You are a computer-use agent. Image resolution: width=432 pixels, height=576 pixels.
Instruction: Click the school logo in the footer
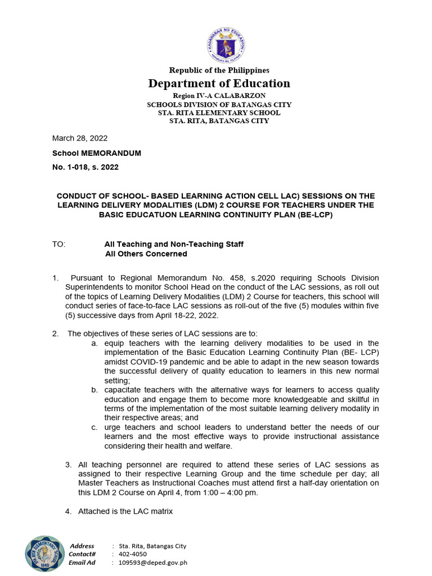tap(44, 553)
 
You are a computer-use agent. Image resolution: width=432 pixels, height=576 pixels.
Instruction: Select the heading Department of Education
tap(219, 84)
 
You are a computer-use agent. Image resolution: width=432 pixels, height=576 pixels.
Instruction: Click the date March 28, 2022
tap(80, 138)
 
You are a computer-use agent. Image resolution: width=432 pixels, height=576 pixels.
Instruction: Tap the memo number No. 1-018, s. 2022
tap(85, 167)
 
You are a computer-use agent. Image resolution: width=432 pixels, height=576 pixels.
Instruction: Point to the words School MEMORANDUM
tap(97, 153)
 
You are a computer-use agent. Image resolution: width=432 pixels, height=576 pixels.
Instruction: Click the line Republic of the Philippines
tap(219, 70)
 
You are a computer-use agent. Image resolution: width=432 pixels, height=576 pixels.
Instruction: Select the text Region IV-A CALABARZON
tap(219, 96)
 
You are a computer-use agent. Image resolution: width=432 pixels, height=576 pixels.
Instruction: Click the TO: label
tap(59, 244)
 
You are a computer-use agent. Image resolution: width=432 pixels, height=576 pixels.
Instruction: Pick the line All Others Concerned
tap(146, 254)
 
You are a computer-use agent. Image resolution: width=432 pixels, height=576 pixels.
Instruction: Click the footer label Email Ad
tap(82, 562)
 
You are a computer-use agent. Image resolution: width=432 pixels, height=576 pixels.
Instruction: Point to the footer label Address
tap(82, 546)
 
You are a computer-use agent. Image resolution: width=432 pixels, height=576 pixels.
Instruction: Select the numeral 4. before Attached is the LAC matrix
tap(68, 511)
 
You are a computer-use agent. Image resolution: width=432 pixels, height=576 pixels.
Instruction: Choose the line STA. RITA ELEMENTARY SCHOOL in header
tap(219, 112)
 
